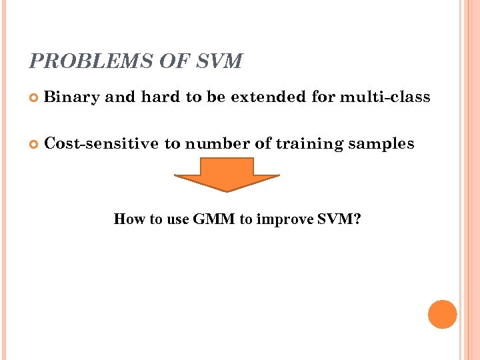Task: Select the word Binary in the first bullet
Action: tap(71, 97)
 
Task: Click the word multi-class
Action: tap(385, 97)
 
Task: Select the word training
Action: tap(313, 144)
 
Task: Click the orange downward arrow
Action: tap(227, 174)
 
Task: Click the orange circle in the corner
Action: tap(442, 314)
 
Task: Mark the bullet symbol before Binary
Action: tap(35, 98)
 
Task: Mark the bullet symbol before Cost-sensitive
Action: tap(35, 144)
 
